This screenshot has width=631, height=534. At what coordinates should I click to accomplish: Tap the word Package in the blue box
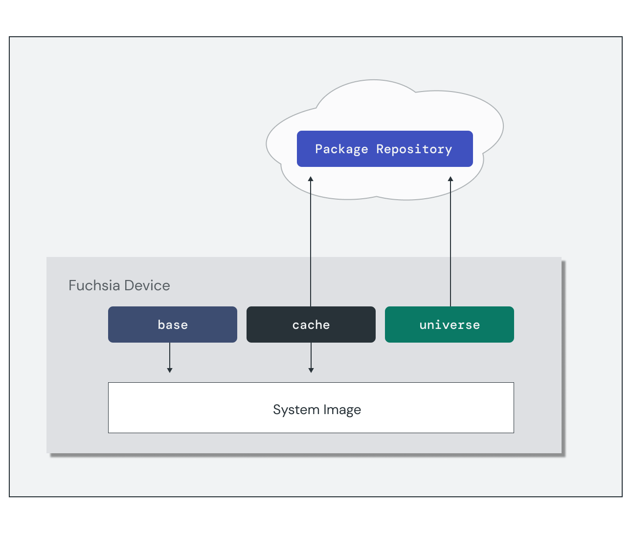click(341, 149)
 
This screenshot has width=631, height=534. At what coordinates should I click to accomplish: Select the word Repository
click(414, 149)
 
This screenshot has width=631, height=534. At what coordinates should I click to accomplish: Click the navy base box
click(172, 325)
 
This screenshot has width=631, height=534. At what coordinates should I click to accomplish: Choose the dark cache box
click(311, 325)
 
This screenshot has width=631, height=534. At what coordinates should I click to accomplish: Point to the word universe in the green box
click(449, 325)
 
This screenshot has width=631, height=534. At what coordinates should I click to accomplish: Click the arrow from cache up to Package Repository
click(311, 240)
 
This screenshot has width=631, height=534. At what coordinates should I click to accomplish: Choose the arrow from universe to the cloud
click(451, 240)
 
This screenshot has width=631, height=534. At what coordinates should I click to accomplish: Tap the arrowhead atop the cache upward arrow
click(311, 179)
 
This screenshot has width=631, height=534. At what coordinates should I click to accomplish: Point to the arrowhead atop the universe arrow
click(451, 179)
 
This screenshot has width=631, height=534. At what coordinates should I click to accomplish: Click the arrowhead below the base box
click(170, 370)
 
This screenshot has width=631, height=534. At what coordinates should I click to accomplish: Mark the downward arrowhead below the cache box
click(311, 370)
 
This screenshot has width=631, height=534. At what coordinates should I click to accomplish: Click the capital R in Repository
click(380, 149)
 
